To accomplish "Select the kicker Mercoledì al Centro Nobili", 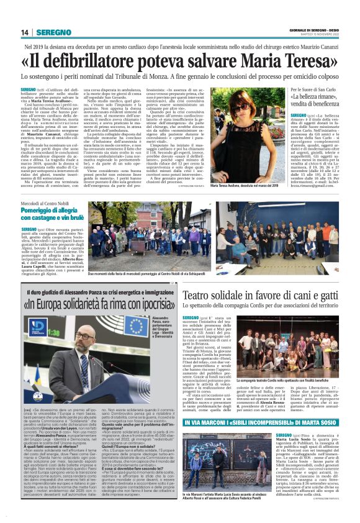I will pyautogui.click(x=45, y=204).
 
